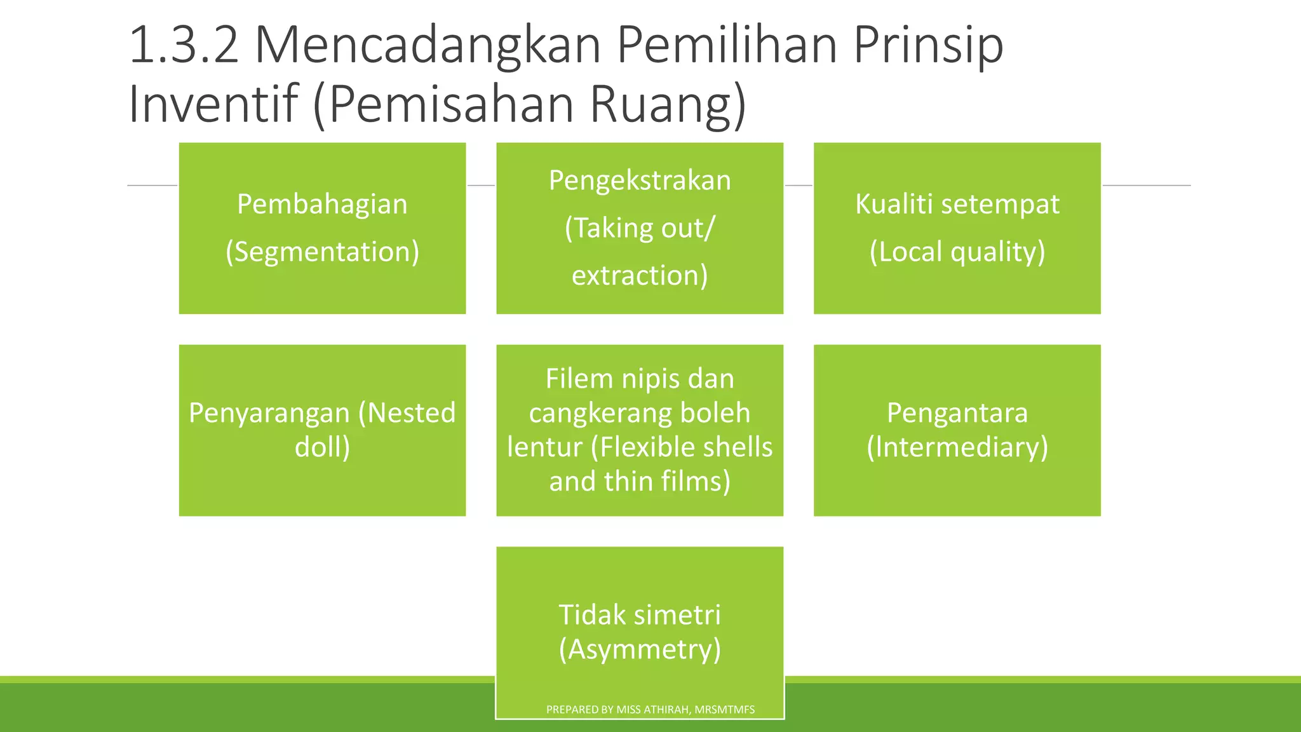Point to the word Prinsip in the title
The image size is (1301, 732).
coord(928,45)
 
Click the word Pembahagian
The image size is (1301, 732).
coord(322,204)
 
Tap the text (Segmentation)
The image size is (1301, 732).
coord(322,252)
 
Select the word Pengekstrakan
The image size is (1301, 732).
coord(640,180)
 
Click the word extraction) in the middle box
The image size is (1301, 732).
coord(640,275)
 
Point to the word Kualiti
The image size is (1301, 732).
coord(893,204)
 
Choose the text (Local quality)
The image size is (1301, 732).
coord(957,252)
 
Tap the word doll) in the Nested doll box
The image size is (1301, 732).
coord(322,447)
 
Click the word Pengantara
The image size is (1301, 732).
coord(957,413)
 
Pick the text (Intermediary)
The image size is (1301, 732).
coord(957,447)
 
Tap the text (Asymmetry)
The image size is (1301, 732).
coord(640,649)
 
